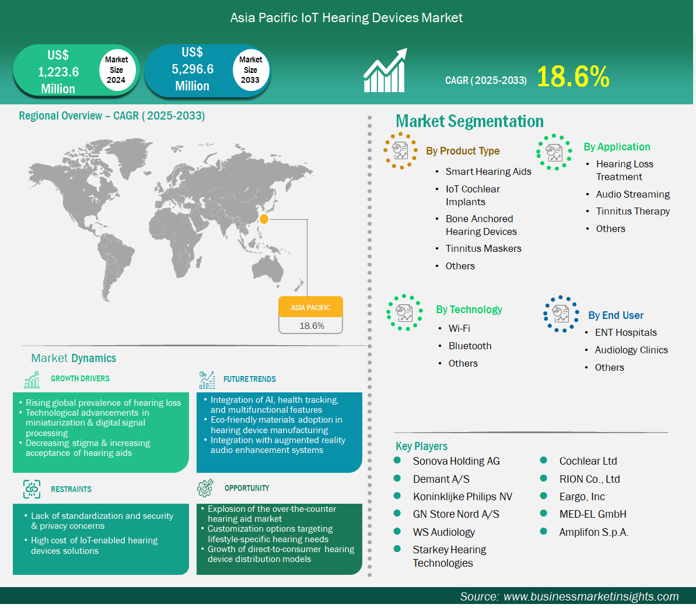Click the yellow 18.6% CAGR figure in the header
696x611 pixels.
(573, 76)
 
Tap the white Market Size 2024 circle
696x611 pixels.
(116, 69)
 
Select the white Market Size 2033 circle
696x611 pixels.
(251, 69)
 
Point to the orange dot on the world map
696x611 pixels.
(264, 219)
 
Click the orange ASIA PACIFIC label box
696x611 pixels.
(311, 307)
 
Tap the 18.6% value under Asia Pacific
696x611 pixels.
(312, 326)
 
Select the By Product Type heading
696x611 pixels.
(463, 151)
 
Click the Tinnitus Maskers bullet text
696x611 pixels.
(484, 248)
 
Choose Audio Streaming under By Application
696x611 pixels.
(632, 194)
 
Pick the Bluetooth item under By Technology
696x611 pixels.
(470, 346)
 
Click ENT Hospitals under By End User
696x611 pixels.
(626, 332)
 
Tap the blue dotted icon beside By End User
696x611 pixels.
(561, 314)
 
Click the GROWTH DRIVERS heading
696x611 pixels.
(80, 378)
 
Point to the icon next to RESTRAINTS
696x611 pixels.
(32, 489)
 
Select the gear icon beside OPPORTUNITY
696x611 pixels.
(205, 488)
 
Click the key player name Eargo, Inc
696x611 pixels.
(582, 497)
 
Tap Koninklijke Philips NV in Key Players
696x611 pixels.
(462, 497)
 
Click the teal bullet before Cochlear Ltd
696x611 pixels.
(543, 460)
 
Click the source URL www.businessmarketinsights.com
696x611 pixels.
(591, 596)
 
